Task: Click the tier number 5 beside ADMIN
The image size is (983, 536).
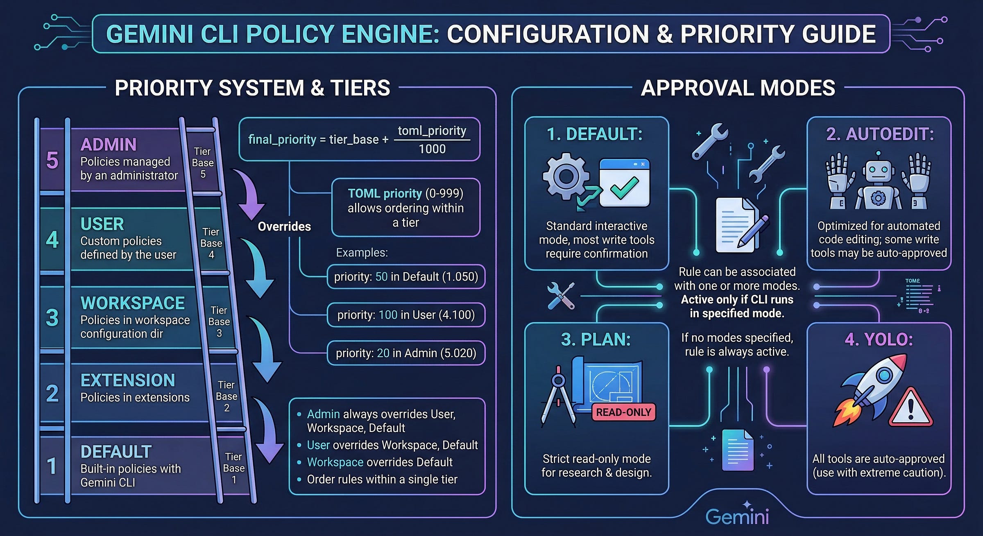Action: pos(52,160)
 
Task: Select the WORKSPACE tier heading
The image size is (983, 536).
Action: pos(133,303)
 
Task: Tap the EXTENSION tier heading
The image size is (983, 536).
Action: pos(128,380)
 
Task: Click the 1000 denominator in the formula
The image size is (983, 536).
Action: pos(432,149)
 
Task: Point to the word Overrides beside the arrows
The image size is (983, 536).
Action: pos(284,226)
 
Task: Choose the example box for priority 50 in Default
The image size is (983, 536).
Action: pos(406,277)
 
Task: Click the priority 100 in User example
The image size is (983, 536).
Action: pos(406,315)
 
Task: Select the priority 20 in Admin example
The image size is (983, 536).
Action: pos(406,353)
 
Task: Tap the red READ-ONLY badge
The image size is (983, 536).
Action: pos(623,412)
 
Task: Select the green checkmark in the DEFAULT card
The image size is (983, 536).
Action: pos(624,188)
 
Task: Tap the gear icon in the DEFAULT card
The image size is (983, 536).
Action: pos(566,176)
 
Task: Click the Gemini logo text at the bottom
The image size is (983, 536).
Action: pos(737,516)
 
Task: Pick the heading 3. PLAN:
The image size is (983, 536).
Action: pos(596,340)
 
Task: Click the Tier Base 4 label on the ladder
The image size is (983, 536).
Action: pos(211,243)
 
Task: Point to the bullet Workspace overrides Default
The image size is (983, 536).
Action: pos(380,462)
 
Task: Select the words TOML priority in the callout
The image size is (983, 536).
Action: pos(385,193)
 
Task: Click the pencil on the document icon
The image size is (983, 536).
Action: pos(754,231)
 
